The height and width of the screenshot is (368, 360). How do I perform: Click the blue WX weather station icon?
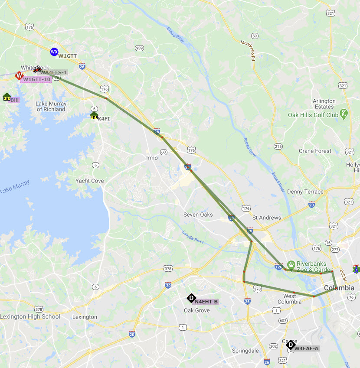[x=54, y=52]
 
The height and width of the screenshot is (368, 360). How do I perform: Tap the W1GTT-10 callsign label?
[x=36, y=79]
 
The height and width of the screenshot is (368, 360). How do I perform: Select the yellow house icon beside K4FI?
[x=94, y=116]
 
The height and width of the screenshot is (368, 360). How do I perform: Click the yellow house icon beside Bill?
[x=7, y=97]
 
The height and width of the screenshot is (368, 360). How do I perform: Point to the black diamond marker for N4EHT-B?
[x=191, y=298]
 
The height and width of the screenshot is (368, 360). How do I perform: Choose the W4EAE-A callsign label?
[x=306, y=348]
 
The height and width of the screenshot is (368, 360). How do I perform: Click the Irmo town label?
[x=152, y=158]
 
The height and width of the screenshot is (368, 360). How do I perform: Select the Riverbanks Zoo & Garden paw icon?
[x=291, y=264]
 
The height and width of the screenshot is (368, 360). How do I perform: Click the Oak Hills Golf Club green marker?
[x=344, y=114]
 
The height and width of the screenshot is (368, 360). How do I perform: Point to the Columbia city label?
[x=339, y=288]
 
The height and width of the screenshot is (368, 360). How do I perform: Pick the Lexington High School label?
[x=30, y=317]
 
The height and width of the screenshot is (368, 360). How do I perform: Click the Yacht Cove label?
[x=89, y=181]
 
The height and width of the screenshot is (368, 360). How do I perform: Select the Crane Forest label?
[x=315, y=151]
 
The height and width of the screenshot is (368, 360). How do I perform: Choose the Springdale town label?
[x=245, y=351]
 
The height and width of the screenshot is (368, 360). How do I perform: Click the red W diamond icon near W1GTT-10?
[x=19, y=76]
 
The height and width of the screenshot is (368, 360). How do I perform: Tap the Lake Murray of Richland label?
[x=51, y=107]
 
